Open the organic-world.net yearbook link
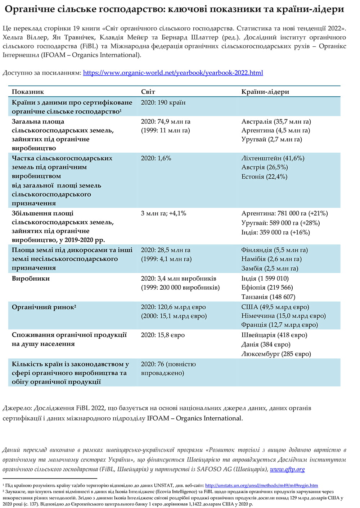(173, 73)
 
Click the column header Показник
(28, 92)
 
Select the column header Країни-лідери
(265, 92)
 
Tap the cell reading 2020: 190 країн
(163, 103)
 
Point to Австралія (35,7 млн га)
(276, 122)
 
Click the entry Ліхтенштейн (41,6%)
(273, 158)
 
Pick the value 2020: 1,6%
(156, 158)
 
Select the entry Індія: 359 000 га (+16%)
(275, 232)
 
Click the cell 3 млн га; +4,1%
(163, 213)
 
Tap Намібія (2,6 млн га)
(271, 259)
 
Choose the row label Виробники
(31, 278)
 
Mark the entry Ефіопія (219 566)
(267, 287)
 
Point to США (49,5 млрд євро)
(275, 307)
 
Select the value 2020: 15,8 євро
(163, 335)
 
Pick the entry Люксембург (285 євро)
(276, 354)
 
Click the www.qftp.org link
(287, 469)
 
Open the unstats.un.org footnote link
(261, 485)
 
